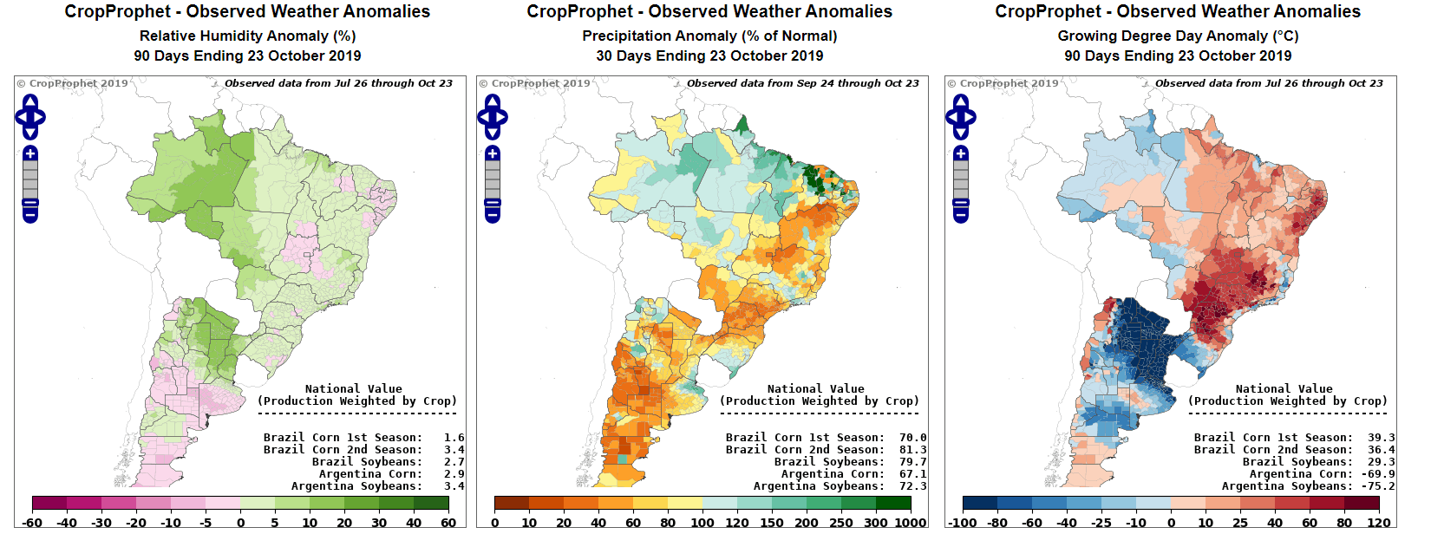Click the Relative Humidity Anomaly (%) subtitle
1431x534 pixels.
[247, 36]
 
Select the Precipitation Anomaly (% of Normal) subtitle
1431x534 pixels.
[709, 36]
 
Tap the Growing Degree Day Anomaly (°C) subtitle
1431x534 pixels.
[1178, 36]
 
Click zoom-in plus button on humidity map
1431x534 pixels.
[30, 153]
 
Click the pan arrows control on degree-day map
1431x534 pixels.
[961, 117]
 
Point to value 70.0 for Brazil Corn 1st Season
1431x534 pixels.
[912, 438]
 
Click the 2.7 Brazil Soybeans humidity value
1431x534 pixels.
[454, 462]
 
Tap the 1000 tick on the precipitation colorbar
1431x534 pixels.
[911, 523]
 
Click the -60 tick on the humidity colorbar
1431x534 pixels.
[33, 523]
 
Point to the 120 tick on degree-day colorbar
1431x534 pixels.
[1379, 523]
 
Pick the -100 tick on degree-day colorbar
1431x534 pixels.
[963, 523]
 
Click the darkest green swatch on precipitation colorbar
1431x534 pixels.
[893, 503]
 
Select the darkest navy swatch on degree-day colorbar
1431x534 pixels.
[980, 503]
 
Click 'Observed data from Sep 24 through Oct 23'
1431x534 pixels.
[802, 83]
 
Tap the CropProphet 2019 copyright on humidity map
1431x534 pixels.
[73, 83]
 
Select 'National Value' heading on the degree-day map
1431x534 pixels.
[1284, 389]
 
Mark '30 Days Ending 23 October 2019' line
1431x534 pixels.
[709, 55]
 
